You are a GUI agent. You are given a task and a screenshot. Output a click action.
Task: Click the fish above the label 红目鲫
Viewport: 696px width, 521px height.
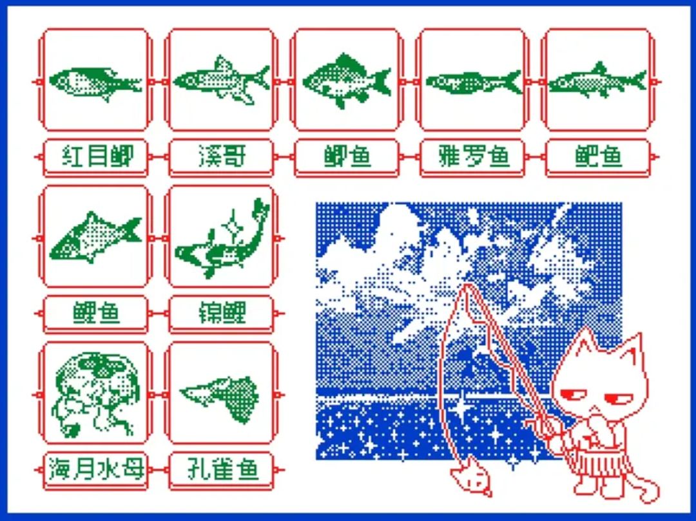(95, 82)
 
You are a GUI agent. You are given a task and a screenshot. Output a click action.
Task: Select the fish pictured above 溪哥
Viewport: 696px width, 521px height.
(221, 81)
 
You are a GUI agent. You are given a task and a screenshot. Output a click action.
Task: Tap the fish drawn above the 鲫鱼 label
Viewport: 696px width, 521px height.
(347, 81)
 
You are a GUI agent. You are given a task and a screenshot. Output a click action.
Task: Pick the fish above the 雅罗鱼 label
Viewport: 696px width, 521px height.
(474, 82)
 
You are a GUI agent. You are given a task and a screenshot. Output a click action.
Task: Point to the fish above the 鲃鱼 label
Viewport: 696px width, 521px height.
(597, 81)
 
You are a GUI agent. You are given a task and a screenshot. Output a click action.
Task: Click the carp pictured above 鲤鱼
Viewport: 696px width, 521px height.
(95, 238)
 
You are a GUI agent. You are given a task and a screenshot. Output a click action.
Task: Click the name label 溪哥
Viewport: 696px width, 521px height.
(222, 156)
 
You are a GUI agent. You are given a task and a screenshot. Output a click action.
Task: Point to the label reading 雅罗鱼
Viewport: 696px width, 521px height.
(473, 156)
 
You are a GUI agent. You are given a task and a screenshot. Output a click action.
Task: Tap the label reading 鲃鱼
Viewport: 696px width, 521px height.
(598, 156)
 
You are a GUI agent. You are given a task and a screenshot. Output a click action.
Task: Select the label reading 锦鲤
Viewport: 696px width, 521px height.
(222, 312)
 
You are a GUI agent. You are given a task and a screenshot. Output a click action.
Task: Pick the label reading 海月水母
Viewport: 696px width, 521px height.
(96, 469)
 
